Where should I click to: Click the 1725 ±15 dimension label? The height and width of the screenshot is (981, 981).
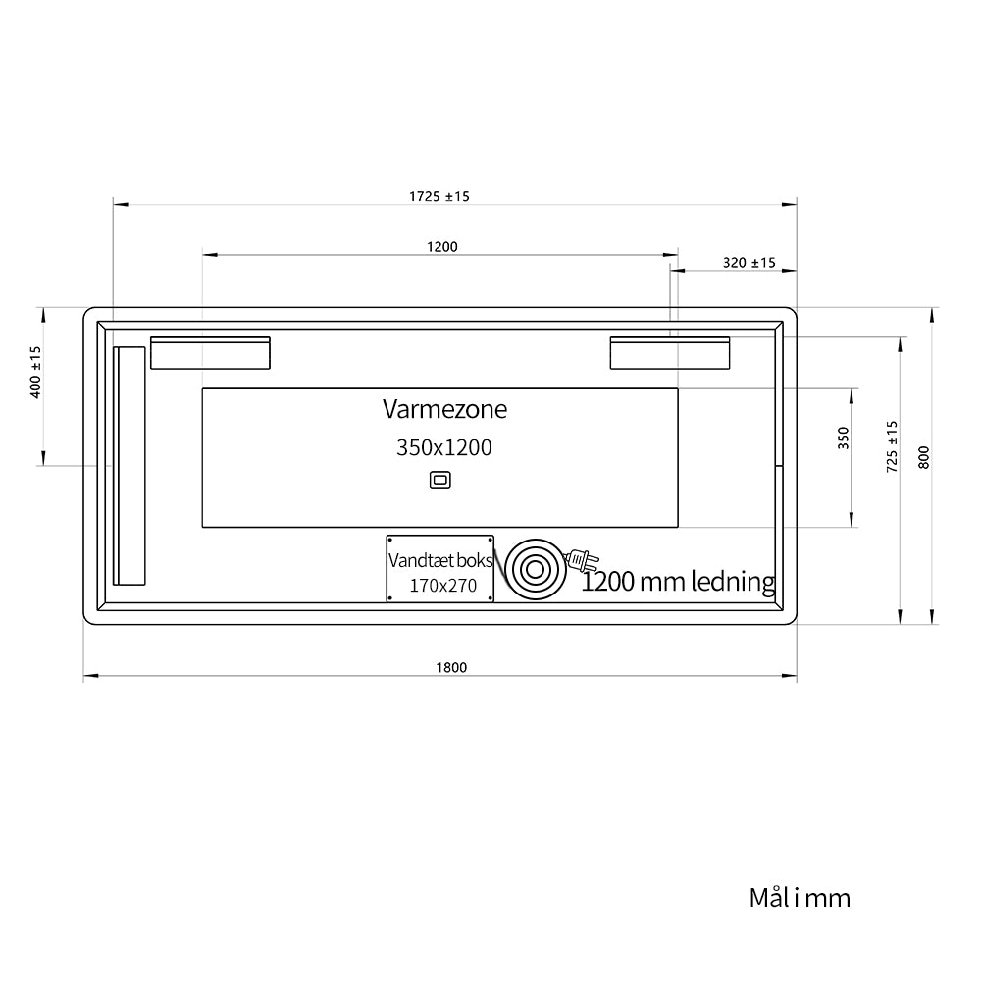tap(439, 196)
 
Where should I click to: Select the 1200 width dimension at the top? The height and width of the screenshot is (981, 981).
tap(442, 247)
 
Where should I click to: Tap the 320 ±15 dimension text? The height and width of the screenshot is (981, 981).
tap(749, 263)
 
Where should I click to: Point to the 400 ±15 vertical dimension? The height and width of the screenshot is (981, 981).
tap(35, 372)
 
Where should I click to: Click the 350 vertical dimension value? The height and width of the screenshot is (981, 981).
tap(844, 438)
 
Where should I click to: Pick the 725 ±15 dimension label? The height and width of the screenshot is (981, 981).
tap(892, 446)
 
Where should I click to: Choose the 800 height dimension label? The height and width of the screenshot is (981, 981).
tap(924, 457)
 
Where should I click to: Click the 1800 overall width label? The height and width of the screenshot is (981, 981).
tap(451, 667)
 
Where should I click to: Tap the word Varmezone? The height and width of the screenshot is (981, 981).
tap(444, 409)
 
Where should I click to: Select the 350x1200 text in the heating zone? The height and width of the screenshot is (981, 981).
tap(444, 447)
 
